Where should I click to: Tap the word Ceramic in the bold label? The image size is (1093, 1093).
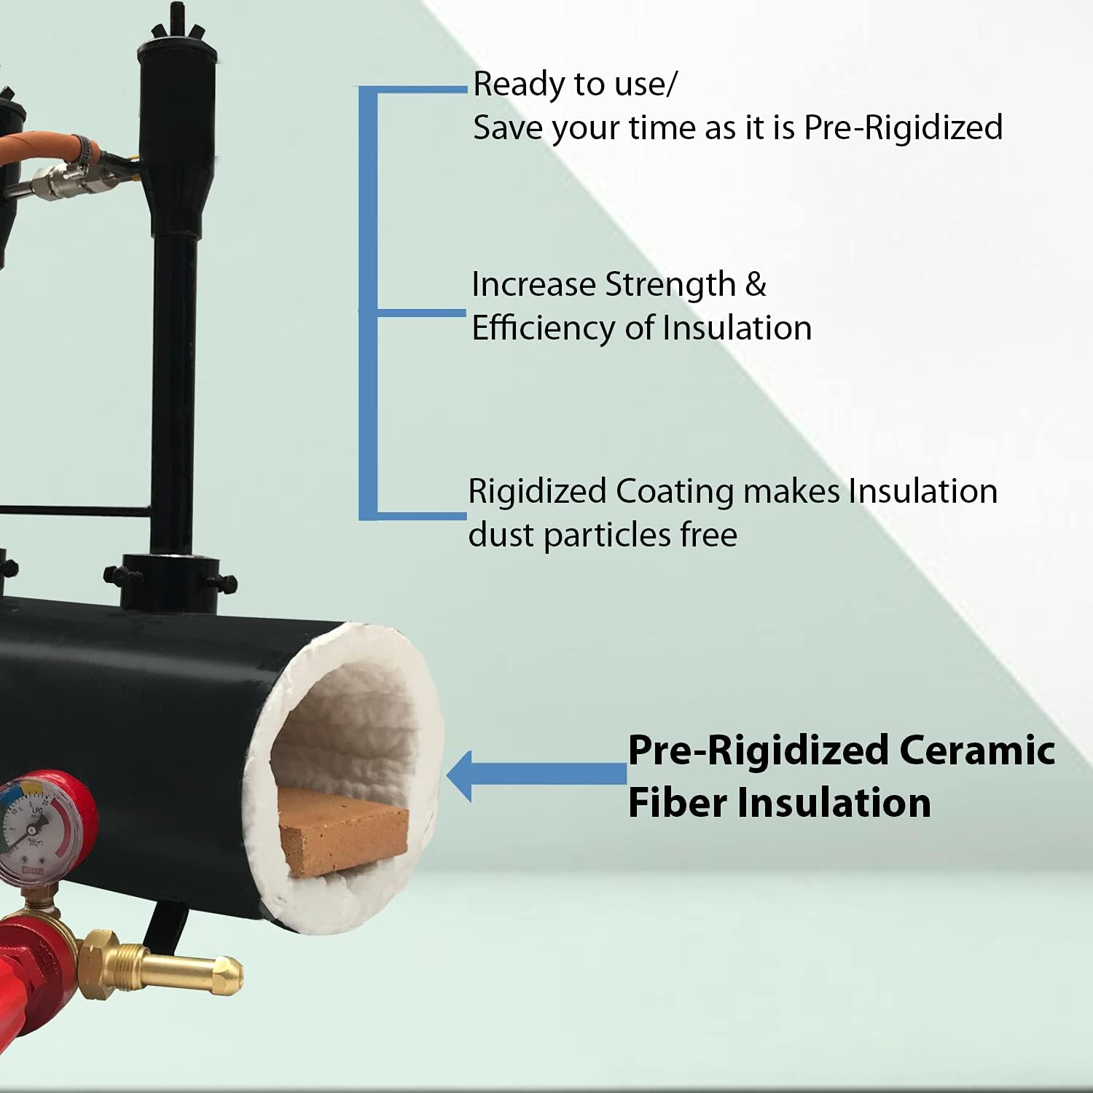[x=977, y=750]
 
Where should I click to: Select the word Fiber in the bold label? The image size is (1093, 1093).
[x=678, y=803]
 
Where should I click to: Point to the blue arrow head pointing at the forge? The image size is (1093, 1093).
[x=460, y=776]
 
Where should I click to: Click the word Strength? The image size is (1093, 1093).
[x=670, y=285]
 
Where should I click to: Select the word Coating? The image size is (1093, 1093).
[x=675, y=492]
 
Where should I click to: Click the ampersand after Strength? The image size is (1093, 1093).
[x=756, y=285]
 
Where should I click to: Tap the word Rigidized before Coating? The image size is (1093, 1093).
[x=538, y=492]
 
